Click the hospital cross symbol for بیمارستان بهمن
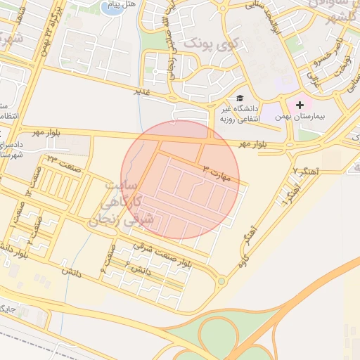(x=300, y=104)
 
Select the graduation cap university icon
(x=240, y=98)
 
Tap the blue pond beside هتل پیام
(x=112, y=8)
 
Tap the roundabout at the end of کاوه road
(x=222, y=281)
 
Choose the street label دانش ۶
(x=139, y=268)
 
